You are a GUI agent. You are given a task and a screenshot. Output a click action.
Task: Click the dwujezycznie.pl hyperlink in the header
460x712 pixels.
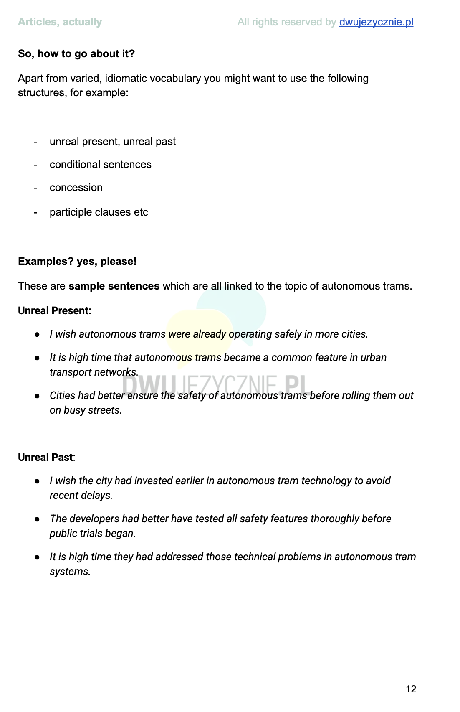[x=376, y=22]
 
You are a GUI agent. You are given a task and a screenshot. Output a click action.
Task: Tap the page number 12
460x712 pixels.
[x=411, y=689]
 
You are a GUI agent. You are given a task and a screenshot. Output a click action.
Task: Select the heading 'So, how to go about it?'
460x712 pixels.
[x=76, y=54]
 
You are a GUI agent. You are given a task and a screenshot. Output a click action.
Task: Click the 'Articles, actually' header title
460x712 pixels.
[x=60, y=22]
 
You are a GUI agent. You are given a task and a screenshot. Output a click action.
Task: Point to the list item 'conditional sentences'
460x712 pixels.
[x=100, y=165]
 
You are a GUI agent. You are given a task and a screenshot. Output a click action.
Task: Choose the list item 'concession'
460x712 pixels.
[x=76, y=188]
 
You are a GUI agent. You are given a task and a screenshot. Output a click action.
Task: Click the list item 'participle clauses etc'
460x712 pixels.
[x=99, y=212]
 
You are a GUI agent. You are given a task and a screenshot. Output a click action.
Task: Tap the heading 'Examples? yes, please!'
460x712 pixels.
[x=77, y=262]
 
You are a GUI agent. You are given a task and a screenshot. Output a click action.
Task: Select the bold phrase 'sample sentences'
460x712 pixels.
[x=114, y=286]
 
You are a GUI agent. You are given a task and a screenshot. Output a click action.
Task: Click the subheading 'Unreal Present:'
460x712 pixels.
[x=54, y=311]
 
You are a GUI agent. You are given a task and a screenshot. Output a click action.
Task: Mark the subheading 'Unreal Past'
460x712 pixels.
[x=45, y=458]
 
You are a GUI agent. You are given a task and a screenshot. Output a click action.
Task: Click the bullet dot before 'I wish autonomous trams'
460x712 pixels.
[x=37, y=335]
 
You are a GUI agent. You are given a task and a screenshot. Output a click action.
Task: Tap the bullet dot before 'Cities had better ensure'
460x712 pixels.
[x=37, y=396]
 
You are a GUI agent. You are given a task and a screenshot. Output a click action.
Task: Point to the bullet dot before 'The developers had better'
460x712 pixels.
[x=37, y=519]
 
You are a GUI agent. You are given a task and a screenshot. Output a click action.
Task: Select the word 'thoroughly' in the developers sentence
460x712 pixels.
[x=335, y=519]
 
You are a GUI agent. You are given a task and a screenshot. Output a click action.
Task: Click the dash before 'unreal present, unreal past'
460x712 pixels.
[x=35, y=142]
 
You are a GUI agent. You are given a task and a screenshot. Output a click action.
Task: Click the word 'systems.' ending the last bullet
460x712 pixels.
[x=70, y=572]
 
